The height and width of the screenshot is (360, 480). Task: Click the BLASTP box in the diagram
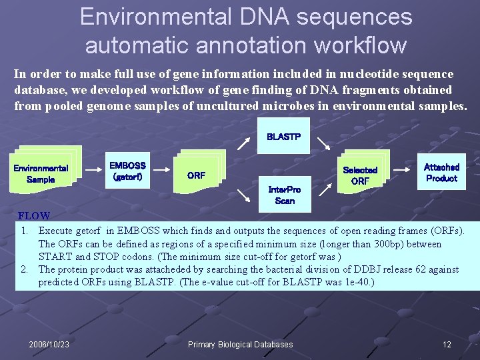(283, 137)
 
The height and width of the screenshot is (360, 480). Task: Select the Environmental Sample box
(41, 173)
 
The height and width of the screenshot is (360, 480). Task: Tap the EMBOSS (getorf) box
(127, 171)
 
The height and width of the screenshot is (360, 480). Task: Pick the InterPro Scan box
(284, 195)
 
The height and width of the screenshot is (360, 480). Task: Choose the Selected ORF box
(360, 175)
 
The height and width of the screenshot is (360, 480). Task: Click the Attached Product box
(441, 173)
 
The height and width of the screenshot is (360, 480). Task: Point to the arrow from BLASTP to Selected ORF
(323, 143)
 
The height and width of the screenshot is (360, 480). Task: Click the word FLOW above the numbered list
(34, 216)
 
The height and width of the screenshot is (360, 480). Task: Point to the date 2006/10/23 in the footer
(49, 345)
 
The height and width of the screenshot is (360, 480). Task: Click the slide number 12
(447, 345)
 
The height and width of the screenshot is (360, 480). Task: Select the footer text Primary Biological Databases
(240, 345)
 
